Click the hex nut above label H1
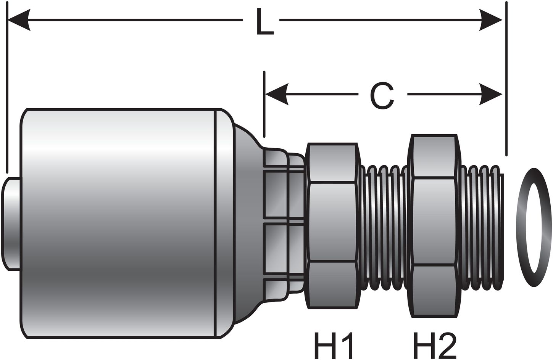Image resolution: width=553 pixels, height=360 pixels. point(333,225)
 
